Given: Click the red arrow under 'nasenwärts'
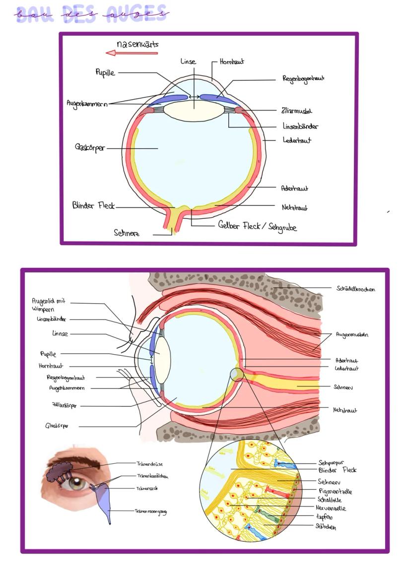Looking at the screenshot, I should tap(131, 53).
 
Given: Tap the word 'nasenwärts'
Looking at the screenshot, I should tap(137, 44).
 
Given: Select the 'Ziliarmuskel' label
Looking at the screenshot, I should tap(296, 111).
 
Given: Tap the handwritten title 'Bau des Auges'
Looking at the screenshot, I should tap(92, 13).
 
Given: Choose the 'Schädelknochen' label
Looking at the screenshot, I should tap(355, 289).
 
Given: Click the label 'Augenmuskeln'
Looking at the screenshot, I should tap(352, 335).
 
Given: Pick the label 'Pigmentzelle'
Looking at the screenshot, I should tap(335, 491).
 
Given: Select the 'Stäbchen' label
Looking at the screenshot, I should tap(326, 527).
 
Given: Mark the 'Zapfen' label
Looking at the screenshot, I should tap(325, 517).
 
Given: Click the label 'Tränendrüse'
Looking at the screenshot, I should tap(150, 463).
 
